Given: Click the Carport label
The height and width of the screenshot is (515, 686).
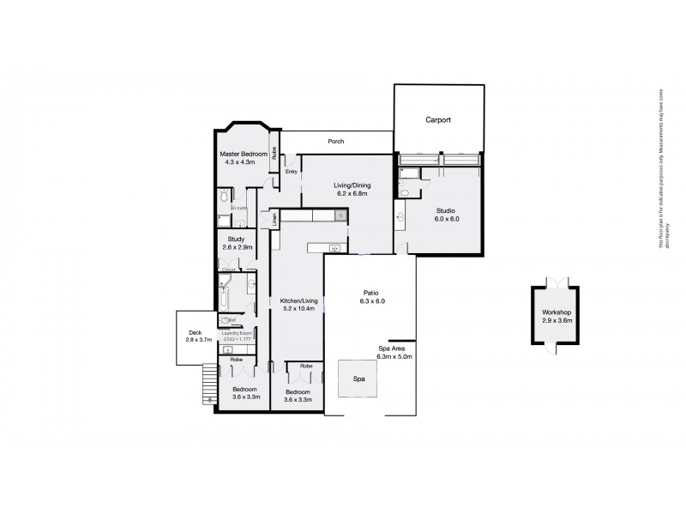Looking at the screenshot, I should (438, 121).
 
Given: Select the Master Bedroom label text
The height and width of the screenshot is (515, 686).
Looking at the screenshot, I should (241, 154).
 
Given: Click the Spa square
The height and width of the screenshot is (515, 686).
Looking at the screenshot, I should (358, 379).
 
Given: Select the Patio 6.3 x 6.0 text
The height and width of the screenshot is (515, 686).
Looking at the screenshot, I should (371, 296).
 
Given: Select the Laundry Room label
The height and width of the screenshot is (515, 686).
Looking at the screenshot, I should (237, 333).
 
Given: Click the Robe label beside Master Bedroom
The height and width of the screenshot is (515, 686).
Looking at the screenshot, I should (274, 154).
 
